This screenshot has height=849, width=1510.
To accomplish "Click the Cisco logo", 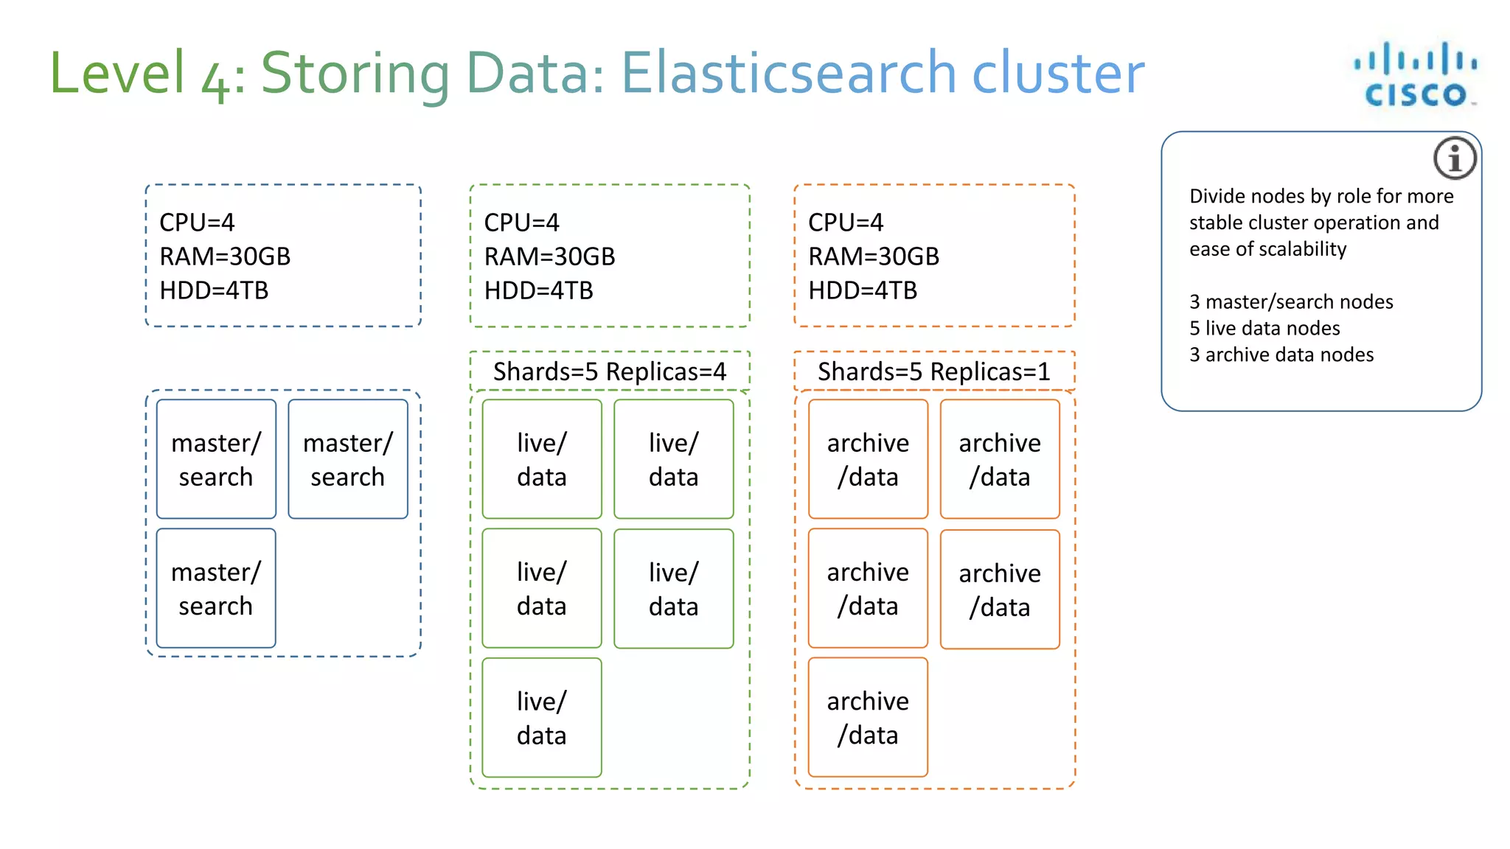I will click(x=1416, y=75).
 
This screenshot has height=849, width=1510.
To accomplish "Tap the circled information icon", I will click(x=1455, y=158).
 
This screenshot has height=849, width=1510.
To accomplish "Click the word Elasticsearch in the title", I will click(x=789, y=73).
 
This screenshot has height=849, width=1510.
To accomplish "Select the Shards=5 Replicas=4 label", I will click(x=610, y=371).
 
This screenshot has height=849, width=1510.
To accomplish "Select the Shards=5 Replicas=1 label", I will click(x=933, y=371).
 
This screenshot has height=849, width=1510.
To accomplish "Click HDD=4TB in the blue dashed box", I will click(x=214, y=290).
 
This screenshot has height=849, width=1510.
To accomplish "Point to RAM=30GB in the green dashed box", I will click(x=549, y=256).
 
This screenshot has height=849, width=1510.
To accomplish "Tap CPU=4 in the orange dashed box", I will click(x=846, y=223).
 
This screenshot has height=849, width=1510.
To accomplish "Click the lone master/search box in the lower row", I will click(x=216, y=588).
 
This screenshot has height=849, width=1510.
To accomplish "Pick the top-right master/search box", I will click(x=348, y=459).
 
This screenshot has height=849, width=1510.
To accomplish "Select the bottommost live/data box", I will click(x=542, y=717).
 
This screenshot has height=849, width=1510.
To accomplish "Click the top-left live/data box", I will click(x=542, y=459).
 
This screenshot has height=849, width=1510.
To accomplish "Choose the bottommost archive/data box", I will click(x=868, y=717).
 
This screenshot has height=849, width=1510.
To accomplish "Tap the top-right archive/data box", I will click(x=1000, y=459).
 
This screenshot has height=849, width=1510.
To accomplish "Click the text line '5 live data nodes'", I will click(x=1264, y=328).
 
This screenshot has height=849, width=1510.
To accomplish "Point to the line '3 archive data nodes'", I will click(x=1281, y=354).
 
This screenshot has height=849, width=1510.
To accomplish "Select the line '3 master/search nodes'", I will click(x=1291, y=301).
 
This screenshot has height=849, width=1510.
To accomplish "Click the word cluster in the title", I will click(x=1058, y=73).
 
